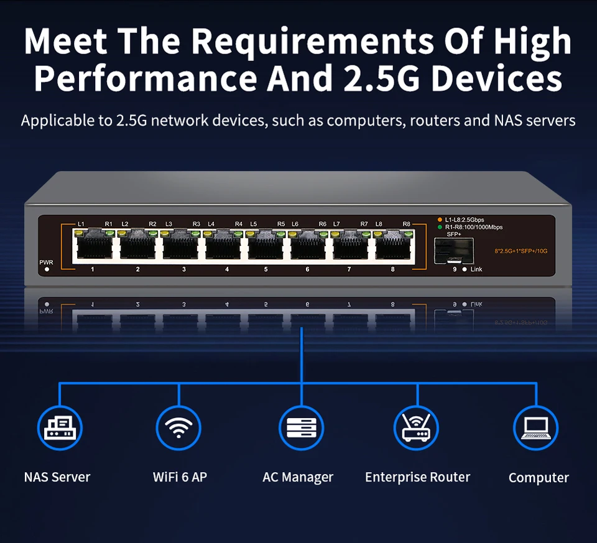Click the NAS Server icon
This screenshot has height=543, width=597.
(x=60, y=427)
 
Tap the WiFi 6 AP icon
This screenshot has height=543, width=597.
(x=178, y=427)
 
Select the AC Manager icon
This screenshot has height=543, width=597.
(x=301, y=427)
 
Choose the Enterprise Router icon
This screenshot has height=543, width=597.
(x=417, y=427)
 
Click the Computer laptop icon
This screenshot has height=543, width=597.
(x=535, y=427)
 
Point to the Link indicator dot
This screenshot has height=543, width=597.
(x=465, y=269)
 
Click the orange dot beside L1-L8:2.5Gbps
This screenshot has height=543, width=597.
(x=440, y=220)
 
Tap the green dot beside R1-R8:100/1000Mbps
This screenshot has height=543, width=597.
(x=440, y=227)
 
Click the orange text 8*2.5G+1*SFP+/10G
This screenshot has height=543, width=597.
(x=521, y=251)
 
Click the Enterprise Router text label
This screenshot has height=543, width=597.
(x=417, y=477)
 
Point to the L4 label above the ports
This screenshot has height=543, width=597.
(x=211, y=224)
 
